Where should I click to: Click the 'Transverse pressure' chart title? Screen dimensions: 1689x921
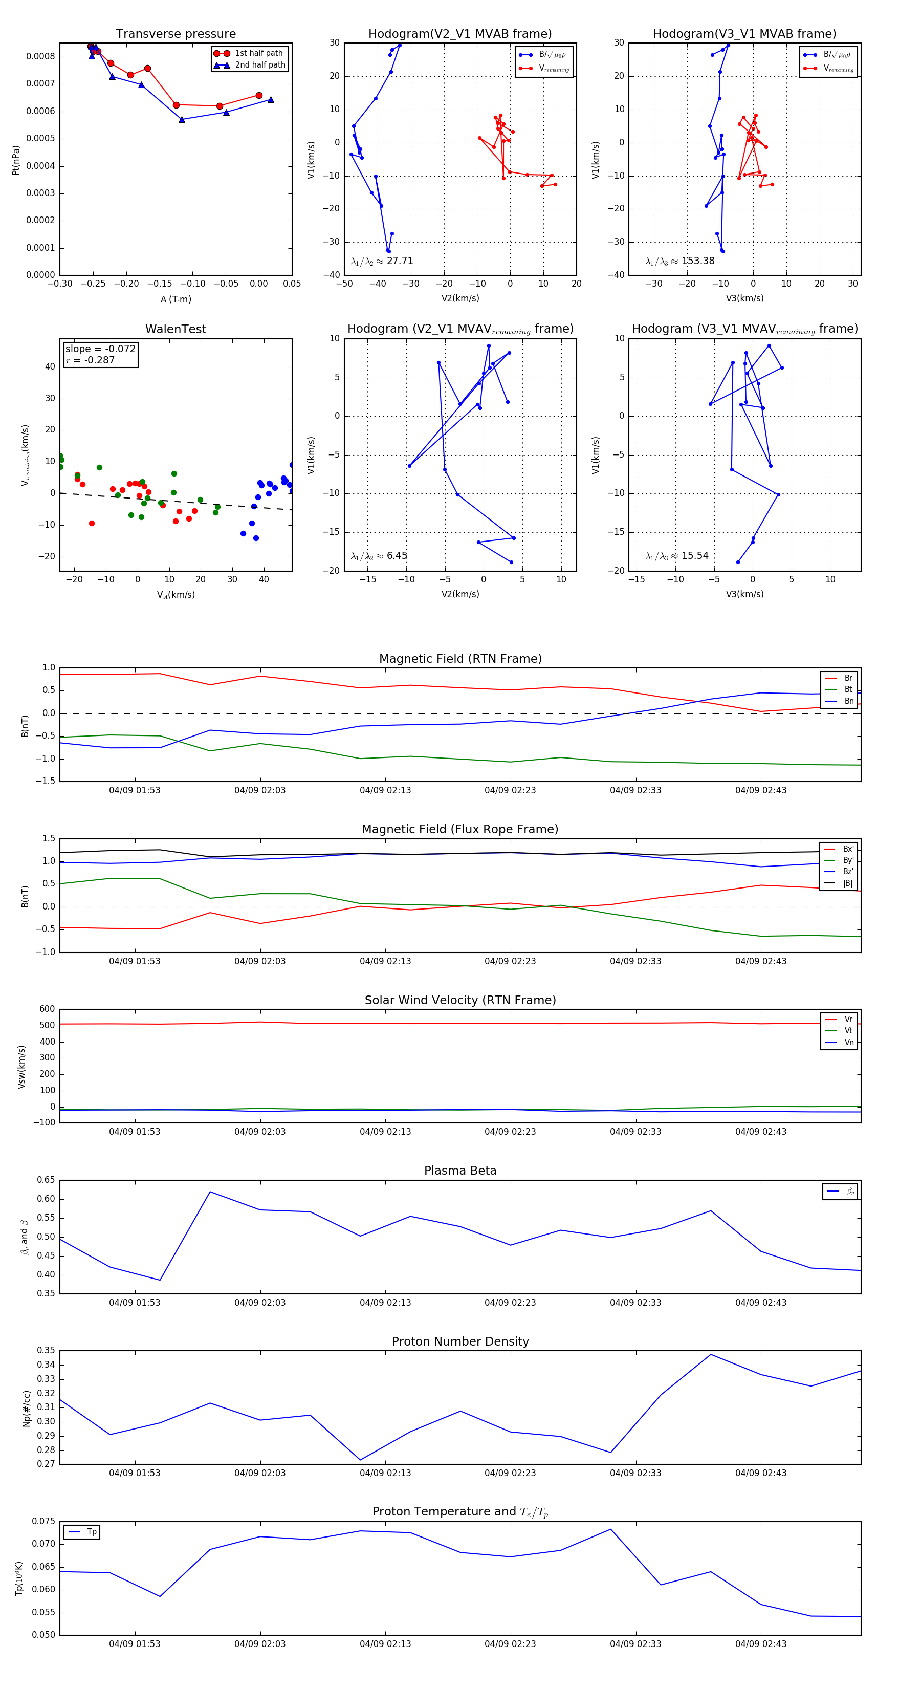coord(176,34)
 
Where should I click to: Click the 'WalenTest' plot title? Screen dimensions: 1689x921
coord(176,329)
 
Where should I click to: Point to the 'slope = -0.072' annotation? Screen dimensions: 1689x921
coord(100,349)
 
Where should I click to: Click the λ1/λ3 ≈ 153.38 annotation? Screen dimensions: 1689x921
coord(680,261)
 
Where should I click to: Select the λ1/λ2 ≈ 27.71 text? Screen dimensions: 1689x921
coord(382,261)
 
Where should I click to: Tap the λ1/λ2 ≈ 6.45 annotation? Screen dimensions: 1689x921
coord(379,556)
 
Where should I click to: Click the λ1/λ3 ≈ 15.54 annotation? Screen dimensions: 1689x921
coord(676,556)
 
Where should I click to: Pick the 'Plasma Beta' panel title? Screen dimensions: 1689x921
coord(460,1171)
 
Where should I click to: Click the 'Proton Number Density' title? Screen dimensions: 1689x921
coord(460,1341)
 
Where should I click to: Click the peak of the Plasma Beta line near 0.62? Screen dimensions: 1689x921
coord(210,1192)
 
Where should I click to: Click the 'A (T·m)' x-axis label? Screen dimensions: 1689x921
coord(176,299)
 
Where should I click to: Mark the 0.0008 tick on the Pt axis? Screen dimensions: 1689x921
coord(40,56)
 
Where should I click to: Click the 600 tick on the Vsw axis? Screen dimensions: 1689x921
coord(47,1009)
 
